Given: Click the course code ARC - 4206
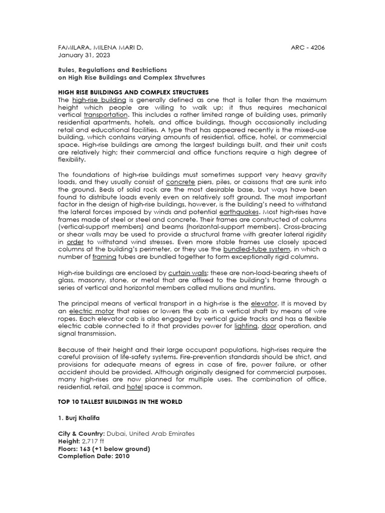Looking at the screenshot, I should (307, 48).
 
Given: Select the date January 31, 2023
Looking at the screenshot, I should (84, 55).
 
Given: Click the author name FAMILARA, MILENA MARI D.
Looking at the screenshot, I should (101, 48).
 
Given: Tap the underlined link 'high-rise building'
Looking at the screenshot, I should (99, 100).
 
